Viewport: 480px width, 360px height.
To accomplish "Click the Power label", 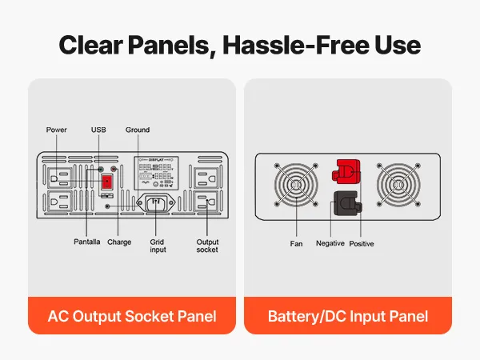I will [57, 130].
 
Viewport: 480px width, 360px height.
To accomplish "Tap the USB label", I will [98, 130].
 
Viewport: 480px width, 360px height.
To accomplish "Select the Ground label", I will [138, 130].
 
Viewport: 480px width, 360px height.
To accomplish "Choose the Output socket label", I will [207, 246].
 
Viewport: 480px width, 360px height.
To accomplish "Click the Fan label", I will [296, 243].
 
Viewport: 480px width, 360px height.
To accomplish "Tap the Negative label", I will [330, 243].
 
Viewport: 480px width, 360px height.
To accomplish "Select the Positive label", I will [362, 243].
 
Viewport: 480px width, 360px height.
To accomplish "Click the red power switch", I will [106, 181].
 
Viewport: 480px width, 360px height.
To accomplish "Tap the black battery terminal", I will [346, 205].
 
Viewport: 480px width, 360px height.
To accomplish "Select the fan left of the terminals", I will [297, 188].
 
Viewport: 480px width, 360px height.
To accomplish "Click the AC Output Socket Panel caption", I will [132, 316].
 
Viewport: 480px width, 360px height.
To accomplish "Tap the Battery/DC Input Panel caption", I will [347, 316].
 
